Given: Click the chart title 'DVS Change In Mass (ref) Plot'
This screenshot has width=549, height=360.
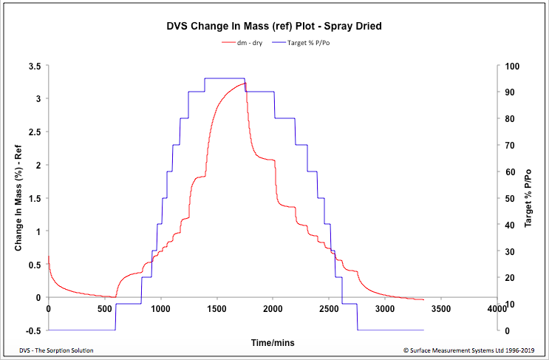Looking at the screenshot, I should click(x=274, y=27).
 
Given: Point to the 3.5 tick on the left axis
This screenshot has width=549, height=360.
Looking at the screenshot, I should click(x=34, y=66).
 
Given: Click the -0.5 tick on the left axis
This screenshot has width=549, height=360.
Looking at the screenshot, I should click(x=32, y=330).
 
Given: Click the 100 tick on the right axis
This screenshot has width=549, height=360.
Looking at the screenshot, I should click(x=509, y=66).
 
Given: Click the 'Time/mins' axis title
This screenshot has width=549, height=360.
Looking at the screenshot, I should click(x=273, y=343).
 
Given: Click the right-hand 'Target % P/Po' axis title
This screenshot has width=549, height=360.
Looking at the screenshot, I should click(x=528, y=198).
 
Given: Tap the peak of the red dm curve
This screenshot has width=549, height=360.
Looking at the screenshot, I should click(x=245, y=83).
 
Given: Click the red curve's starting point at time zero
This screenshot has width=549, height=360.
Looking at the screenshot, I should click(x=49, y=257).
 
